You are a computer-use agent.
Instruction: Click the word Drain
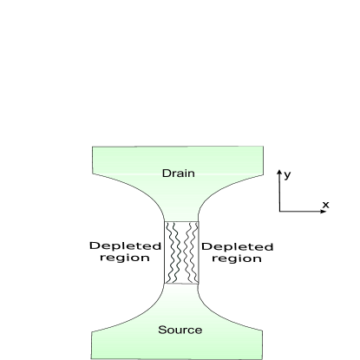pos(179,173)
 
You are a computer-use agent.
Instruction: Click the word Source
pos(180,330)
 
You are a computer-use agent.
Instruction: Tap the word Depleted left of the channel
pos(126,246)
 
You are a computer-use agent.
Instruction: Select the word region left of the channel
pos(126,259)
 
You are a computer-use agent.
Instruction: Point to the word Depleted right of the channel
pos(237,246)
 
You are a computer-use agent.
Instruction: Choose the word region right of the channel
pos(237,259)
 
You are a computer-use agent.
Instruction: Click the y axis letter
pos(288,174)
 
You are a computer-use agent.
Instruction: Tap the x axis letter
pos(325,205)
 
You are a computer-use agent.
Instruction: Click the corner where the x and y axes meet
pos(279,212)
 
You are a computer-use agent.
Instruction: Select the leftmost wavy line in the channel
pos(171,252)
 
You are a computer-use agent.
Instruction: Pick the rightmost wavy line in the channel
pos(193,252)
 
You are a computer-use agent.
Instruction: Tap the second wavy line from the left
pos(178,252)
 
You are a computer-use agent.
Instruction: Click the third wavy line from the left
pos(186,252)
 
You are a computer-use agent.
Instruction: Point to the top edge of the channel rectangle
pos(182,221)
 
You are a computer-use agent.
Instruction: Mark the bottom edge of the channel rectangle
pos(182,284)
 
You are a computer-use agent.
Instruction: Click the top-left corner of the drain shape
pos(92,148)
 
